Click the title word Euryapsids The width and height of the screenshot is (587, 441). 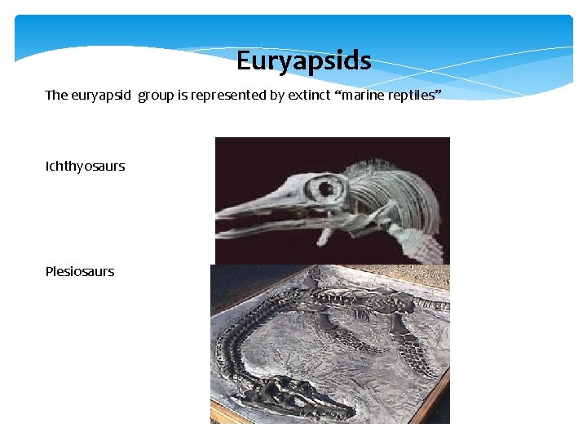pos(303,60)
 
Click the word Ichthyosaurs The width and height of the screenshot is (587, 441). pos(86,166)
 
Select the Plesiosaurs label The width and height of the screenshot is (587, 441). pos(80,271)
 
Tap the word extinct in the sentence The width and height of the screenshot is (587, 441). pos(311,95)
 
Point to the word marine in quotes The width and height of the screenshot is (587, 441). pos(362,95)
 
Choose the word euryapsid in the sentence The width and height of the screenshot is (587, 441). pos(102,95)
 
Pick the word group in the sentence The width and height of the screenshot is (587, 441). pos(155,95)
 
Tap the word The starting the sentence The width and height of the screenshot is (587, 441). pos(56,95)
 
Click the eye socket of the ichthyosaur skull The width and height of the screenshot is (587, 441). pos(330,190)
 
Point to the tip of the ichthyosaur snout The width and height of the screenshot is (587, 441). pos(220,213)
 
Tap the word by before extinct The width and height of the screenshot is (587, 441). pos(277,95)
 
